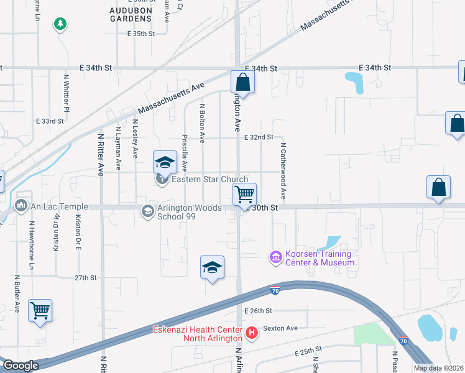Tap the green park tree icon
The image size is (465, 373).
pyautogui.click(x=60, y=24)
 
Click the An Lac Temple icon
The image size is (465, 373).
pyautogui.click(x=21, y=205)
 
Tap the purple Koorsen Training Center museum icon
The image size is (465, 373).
pyautogui.click(x=275, y=256)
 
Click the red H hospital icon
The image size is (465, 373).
pyautogui.click(x=252, y=333)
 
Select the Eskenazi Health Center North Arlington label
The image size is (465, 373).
pyautogui.click(x=199, y=334)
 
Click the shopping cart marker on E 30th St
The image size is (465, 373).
pyautogui.click(x=244, y=194)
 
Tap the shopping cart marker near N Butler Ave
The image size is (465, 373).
pyautogui.click(x=40, y=310)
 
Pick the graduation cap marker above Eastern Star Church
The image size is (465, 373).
pyautogui.click(x=164, y=162)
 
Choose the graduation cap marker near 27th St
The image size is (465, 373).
pyautogui.click(x=212, y=268)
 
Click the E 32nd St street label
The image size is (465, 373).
pyautogui.click(x=259, y=137)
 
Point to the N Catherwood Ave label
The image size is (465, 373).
pyautogui.click(x=283, y=171)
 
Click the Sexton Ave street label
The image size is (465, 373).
pyautogui.click(x=280, y=328)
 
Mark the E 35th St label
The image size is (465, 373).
pyautogui.click(x=140, y=34)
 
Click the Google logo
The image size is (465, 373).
pyautogui.click(x=21, y=366)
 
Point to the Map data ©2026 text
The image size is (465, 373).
pyautogui.click(x=438, y=368)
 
